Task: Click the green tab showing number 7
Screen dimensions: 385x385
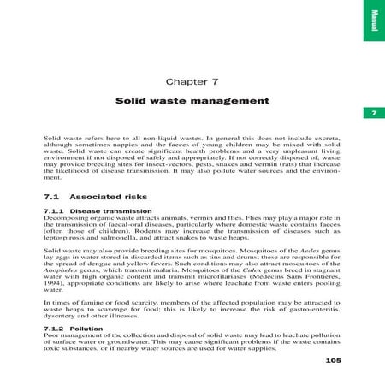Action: click(373, 114)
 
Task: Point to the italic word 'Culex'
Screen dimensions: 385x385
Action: click(275, 271)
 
